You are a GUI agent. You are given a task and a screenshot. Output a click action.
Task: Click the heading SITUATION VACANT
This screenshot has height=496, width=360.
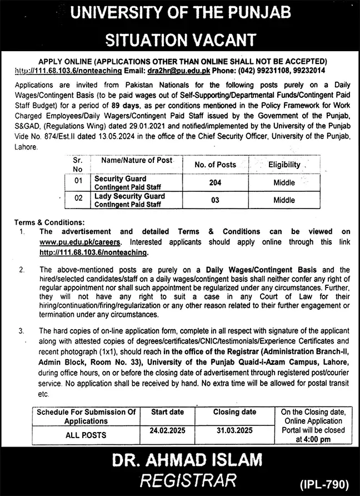coord(180,39)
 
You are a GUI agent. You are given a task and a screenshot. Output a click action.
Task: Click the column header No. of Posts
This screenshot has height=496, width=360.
coord(215,165)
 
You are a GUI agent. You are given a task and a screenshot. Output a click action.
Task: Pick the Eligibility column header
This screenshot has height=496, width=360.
coord(284,165)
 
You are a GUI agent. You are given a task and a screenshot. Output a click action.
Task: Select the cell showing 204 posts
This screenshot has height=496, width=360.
coord(215,182)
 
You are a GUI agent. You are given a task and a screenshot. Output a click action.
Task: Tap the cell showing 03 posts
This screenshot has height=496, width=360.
coord(215,200)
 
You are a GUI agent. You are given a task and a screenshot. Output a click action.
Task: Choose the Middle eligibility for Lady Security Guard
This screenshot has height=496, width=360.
coord(284,200)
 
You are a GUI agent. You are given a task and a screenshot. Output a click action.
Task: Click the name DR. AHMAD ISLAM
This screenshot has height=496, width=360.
coord(180,461)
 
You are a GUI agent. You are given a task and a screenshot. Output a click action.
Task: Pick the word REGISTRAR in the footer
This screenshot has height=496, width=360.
coord(180,480)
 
